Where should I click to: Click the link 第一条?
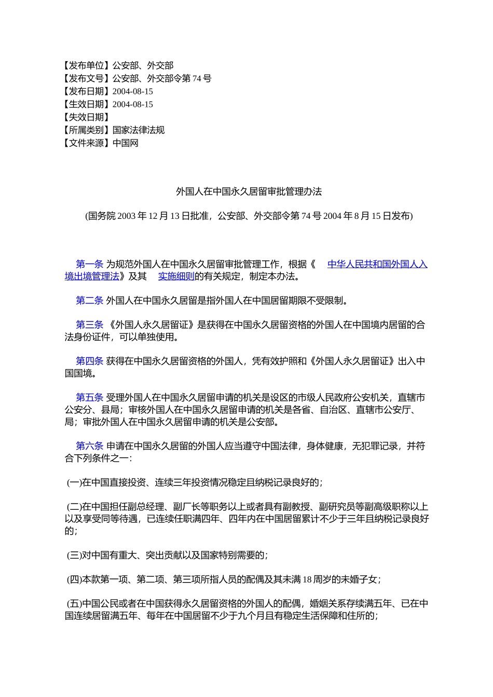[x=89, y=264]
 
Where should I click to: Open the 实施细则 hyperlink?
[x=176, y=276]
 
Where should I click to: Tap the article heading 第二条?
[x=89, y=301]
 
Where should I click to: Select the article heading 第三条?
[x=89, y=325]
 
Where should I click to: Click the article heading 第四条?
[x=89, y=361]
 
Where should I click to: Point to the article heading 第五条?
[x=89, y=398]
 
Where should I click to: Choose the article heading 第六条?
[x=89, y=446]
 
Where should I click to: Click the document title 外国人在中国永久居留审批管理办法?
[x=249, y=192]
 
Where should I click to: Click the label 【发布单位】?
[x=86, y=65]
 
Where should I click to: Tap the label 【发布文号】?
[x=86, y=78]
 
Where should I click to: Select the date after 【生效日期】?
[x=133, y=104]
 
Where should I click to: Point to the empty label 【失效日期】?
[x=86, y=117]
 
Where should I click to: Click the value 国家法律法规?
[x=139, y=130]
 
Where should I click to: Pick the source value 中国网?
[x=126, y=143]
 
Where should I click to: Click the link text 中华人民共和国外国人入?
[x=377, y=264]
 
